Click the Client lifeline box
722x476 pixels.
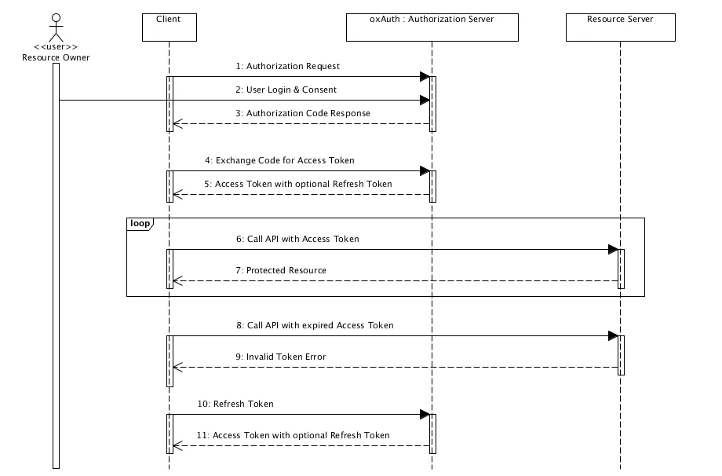pos(170,27)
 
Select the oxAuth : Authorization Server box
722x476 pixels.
pos(432,27)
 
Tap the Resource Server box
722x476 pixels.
pos(621,27)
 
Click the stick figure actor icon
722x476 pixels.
pos(57,27)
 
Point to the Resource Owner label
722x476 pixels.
pos(56,57)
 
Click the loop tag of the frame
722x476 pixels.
pos(140,224)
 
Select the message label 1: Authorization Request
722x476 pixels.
pos(288,66)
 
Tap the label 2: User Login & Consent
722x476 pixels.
pos(286,90)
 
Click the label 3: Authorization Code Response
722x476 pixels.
pos(303,113)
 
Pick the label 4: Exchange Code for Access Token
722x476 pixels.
pos(279,160)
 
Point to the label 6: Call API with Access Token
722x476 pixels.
pos(297,239)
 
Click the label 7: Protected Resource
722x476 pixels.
pos(281,270)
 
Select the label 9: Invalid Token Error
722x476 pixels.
pos(281,357)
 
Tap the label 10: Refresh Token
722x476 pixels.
pos(235,404)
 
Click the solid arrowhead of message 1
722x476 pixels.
pos(425,76)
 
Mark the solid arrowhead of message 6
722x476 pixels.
pos(614,249)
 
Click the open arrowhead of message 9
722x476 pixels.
pos(177,368)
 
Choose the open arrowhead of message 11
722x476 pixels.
pos(177,445)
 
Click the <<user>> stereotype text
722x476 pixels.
pos(56,47)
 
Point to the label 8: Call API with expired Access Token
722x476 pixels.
pos(315,325)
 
